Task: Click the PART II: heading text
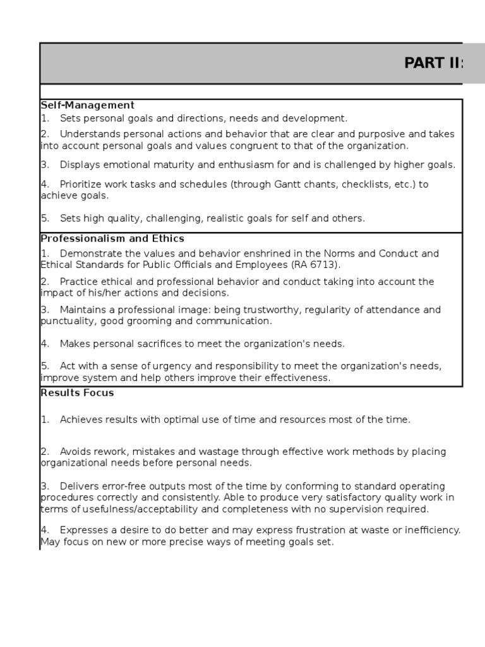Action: point(434,64)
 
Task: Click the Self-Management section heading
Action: point(87,105)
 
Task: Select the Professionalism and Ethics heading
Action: point(112,238)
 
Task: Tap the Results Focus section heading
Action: point(77,392)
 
